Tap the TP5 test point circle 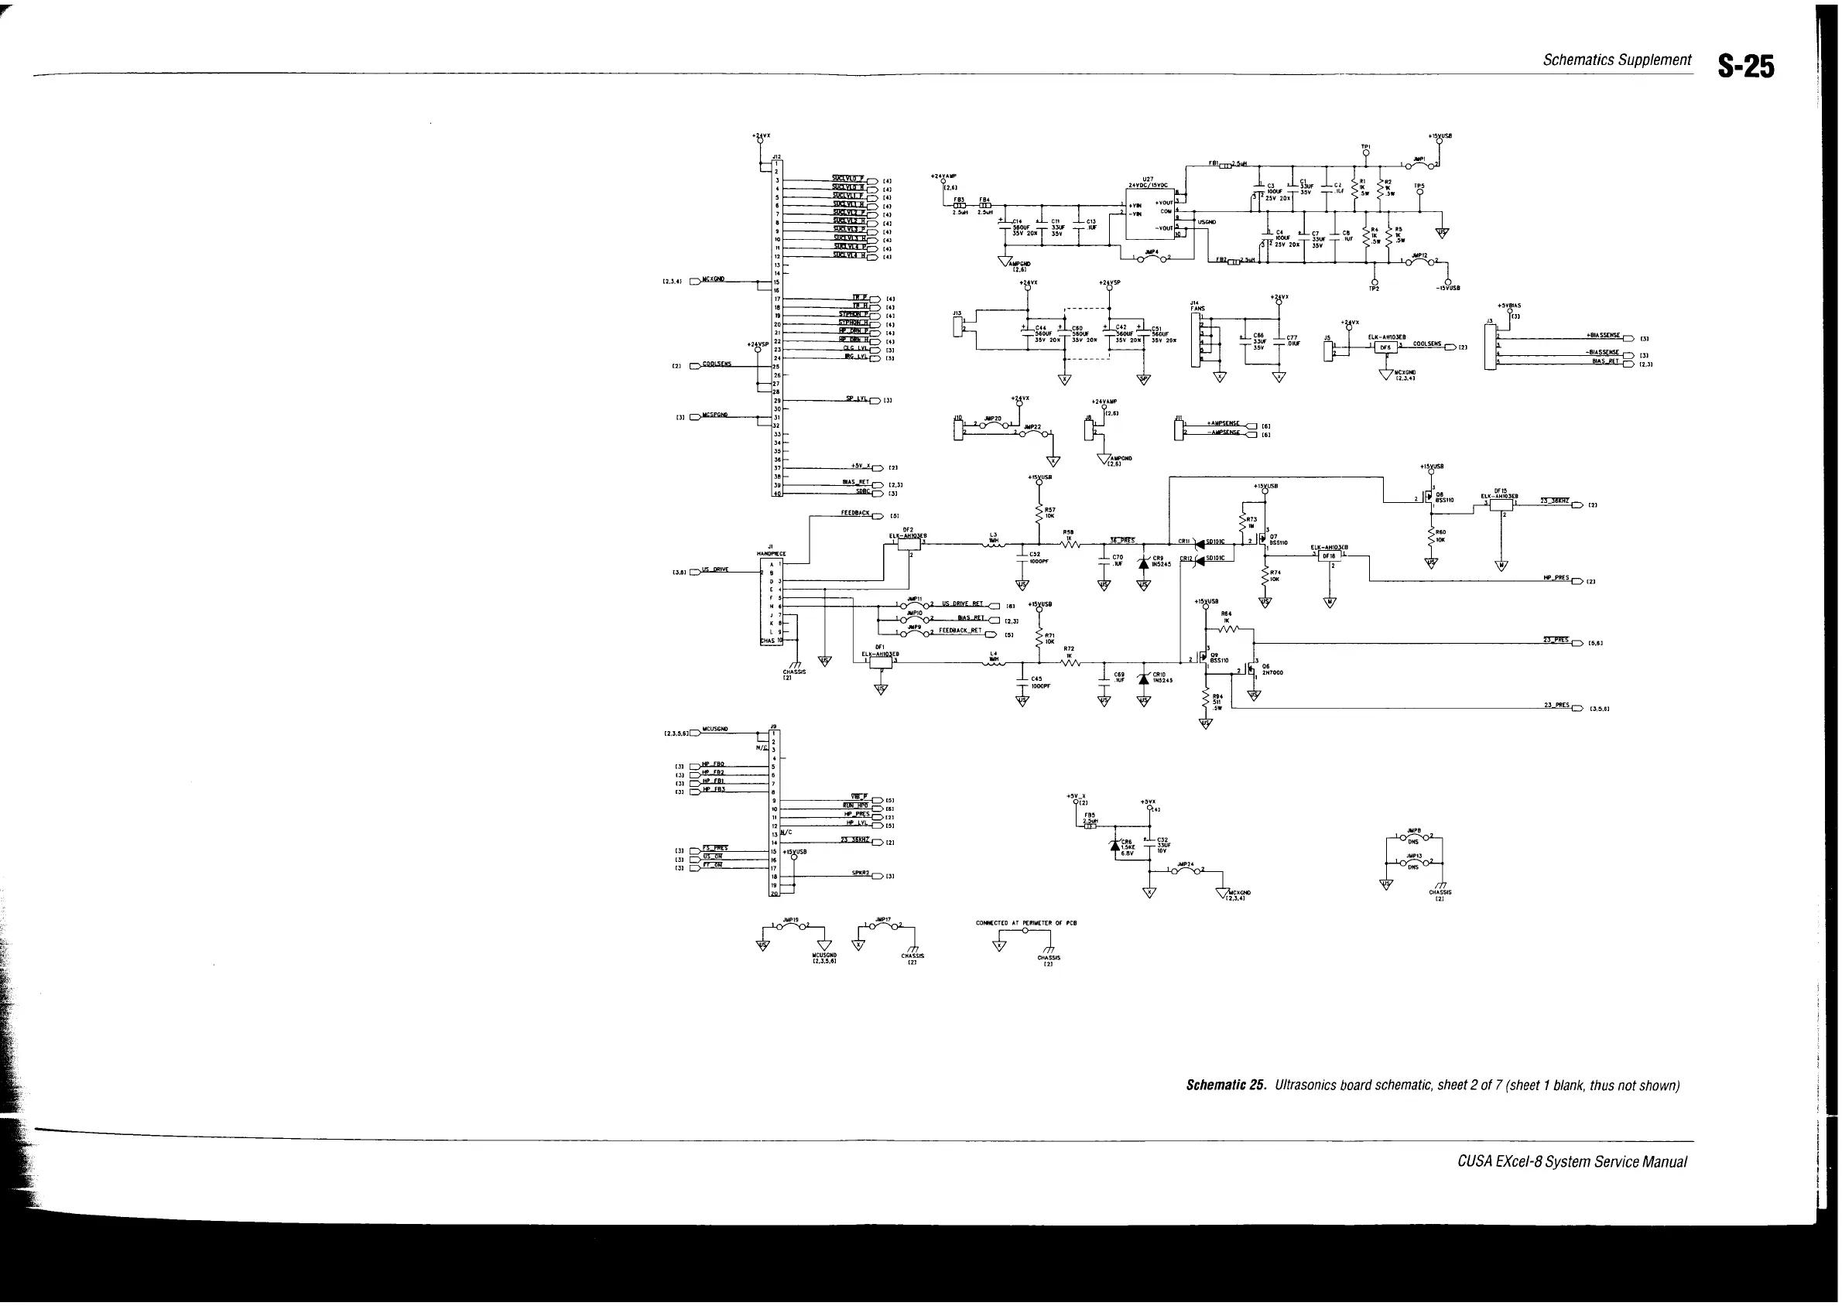pos(1419,191)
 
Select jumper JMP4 pos(1152,257)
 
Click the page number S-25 pos(1745,66)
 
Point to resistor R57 pos(1039,511)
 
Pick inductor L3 pos(995,545)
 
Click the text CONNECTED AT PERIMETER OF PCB pos(1025,923)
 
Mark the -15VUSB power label pos(1449,287)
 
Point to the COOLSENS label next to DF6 pos(1426,344)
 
